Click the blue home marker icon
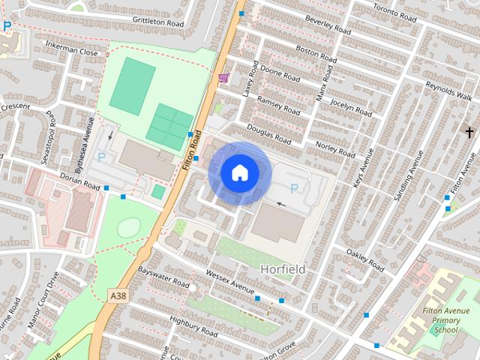tap(239, 172)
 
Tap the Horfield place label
tap(283, 268)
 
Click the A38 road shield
tap(118, 296)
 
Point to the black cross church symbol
tap(469, 133)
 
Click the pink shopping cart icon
tap(223, 77)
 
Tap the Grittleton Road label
tap(157, 22)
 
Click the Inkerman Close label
tap(71, 53)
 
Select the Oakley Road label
tap(365, 259)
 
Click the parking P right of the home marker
tap(294, 189)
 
